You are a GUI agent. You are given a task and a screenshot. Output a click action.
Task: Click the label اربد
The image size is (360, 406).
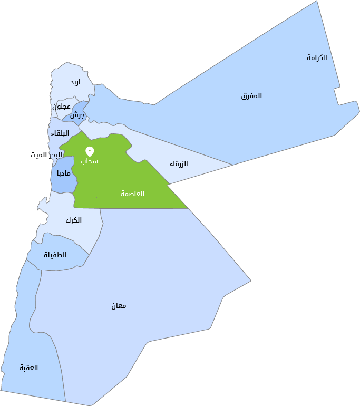point(75,82)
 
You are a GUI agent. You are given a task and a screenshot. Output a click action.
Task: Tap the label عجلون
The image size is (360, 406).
point(61,106)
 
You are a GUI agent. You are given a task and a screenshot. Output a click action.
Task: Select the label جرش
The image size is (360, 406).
point(78,115)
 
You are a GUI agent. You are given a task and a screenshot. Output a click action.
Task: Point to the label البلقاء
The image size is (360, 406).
point(60,133)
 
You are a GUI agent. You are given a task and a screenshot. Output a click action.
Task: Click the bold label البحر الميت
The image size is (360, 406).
point(46,154)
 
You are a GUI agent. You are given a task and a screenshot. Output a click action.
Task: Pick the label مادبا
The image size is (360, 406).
point(64,173)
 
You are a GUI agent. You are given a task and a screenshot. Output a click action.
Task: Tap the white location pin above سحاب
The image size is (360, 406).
point(90,151)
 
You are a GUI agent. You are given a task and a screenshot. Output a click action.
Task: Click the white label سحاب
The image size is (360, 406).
point(90,161)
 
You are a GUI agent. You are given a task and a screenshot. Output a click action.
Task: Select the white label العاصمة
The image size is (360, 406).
point(132,194)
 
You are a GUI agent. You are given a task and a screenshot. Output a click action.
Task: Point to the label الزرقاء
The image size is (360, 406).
point(179,164)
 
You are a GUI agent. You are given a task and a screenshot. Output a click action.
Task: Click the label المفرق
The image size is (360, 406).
point(251,96)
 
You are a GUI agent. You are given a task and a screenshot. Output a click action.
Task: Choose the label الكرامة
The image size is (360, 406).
point(317,57)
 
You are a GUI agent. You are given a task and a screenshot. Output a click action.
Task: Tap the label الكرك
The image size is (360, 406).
point(73,220)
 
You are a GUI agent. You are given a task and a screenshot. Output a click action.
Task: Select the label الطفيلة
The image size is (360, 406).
point(55,255)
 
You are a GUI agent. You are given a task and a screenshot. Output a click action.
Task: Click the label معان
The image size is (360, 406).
point(119,306)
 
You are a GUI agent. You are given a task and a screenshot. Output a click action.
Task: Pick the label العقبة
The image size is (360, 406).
point(29,368)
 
